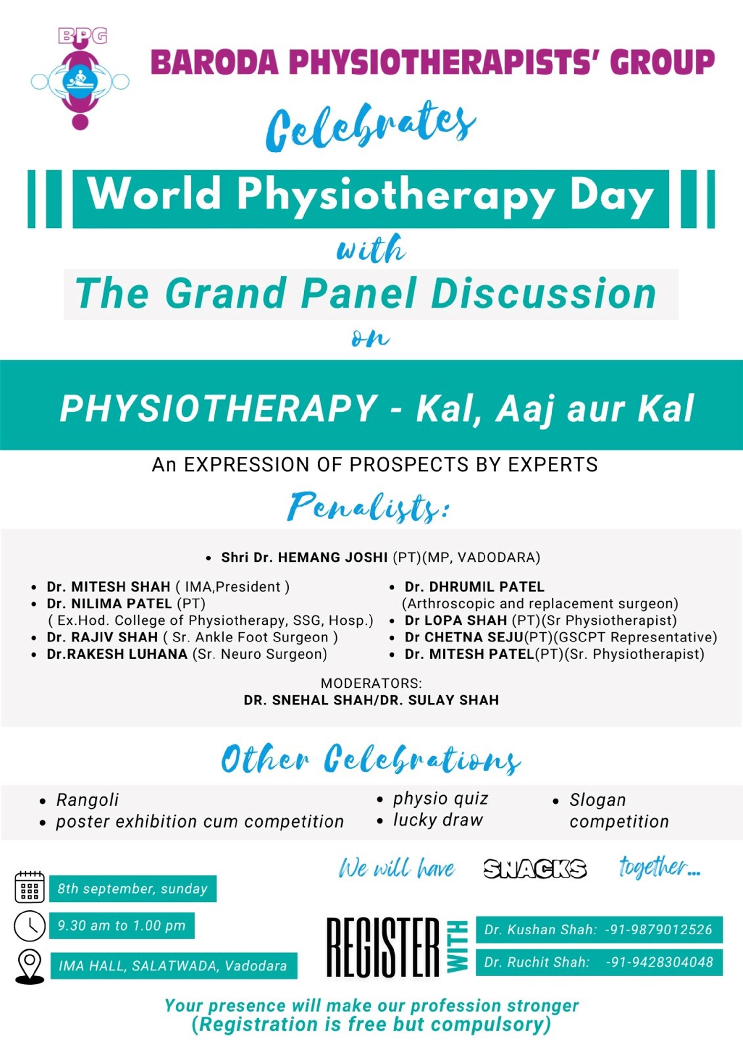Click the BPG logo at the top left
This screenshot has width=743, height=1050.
coord(80,79)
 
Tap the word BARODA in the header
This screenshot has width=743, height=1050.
coord(215,62)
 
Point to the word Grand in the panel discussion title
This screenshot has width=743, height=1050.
coord(228,294)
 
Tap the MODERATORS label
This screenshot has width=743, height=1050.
coord(371,683)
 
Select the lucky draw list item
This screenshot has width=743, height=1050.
coord(438,820)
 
